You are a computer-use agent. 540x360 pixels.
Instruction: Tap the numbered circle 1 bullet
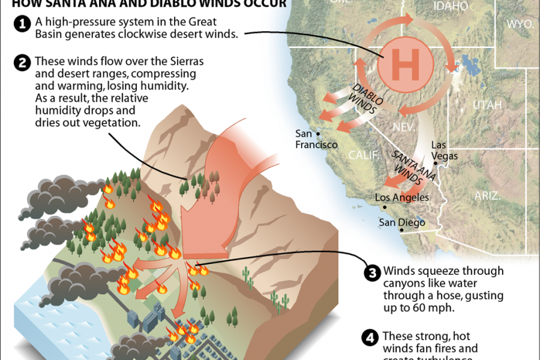pyautogui.click(x=22, y=25)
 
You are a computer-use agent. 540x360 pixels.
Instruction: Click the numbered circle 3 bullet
pyautogui.click(x=372, y=273)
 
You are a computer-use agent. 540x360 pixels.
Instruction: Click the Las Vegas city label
pyautogui.click(x=445, y=151)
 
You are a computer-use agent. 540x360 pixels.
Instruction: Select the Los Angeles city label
pyautogui.click(x=401, y=197)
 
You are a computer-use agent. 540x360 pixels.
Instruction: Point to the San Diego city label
pyautogui.click(x=401, y=223)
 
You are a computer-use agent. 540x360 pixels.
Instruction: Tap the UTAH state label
pyautogui.click(x=487, y=106)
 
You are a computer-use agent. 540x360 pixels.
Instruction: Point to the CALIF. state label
pyautogui.click(x=365, y=155)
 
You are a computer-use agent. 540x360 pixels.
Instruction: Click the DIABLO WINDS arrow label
pyautogui.click(x=364, y=100)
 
